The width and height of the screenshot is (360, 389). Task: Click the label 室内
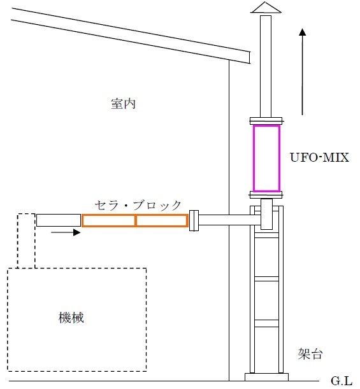124,104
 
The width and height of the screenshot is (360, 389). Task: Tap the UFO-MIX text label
319,157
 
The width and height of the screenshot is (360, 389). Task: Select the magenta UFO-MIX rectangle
254,159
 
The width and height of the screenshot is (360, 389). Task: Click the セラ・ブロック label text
138,206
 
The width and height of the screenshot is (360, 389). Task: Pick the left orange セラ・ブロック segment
82,220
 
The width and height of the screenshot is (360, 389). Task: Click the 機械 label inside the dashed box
71,318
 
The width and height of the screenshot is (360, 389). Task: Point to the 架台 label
310,353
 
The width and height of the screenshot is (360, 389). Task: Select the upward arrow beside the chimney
302,72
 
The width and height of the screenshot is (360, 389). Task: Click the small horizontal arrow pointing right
66,232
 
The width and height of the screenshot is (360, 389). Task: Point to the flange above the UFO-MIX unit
266,121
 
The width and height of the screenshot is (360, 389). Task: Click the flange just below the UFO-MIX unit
266,195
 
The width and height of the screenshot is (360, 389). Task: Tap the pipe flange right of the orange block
194,220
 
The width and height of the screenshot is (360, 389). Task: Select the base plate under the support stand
266,377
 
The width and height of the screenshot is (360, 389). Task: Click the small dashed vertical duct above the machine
18,241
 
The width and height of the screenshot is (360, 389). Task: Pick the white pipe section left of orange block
59,220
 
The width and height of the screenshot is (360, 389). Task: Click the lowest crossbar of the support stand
266,323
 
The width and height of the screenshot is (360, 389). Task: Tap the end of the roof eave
249,57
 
